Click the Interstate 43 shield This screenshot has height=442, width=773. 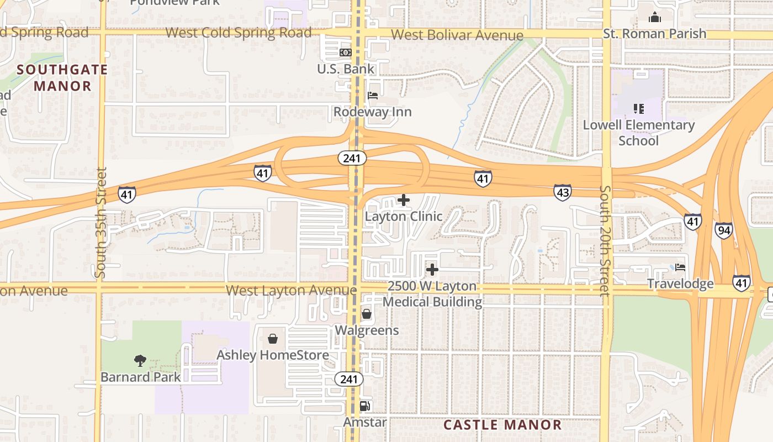tap(562, 192)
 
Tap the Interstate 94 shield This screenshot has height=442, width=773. tap(724, 230)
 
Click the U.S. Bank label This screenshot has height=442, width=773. tap(346, 69)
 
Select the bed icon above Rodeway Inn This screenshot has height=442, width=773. tap(373, 95)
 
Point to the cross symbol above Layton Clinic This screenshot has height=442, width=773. tap(404, 199)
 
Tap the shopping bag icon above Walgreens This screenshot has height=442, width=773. tap(366, 314)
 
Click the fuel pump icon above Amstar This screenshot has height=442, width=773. tap(364, 406)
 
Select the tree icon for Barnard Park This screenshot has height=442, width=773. tap(140, 361)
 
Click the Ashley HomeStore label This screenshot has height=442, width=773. tap(273, 355)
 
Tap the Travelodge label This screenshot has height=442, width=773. tap(680, 284)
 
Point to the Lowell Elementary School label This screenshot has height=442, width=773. tap(639, 133)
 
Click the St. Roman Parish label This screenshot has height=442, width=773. tap(654, 34)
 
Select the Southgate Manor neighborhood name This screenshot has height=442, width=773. tap(62, 78)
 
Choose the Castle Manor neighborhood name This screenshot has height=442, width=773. tap(502, 425)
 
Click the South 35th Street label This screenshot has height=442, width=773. tap(100, 223)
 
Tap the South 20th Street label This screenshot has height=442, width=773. tap(606, 241)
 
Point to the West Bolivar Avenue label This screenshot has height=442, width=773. tap(457, 35)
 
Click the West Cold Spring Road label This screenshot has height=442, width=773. tap(239, 33)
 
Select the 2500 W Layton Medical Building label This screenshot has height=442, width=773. tap(432, 294)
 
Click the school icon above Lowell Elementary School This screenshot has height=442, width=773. tap(638, 108)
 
